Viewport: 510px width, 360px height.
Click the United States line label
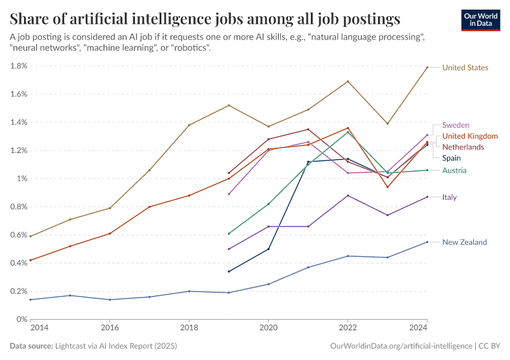(x=465, y=68)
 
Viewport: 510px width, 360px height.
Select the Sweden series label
(x=455, y=125)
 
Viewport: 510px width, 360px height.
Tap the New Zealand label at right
(x=464, y=242)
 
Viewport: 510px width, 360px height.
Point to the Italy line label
(x=449, y=197)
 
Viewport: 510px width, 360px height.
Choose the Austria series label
(x=454, y=170)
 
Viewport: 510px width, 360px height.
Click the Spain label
(x=451, y=158)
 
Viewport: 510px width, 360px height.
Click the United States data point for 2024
(x=427, y=67)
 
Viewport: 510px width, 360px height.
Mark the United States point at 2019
(x=229, y=106)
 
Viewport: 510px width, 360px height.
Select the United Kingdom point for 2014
(x=31, y=260)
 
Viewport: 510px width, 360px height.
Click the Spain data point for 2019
(x=229, y=271)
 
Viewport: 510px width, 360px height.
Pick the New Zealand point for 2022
(x=347, y=256)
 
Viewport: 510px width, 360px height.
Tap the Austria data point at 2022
(x=347, y=132)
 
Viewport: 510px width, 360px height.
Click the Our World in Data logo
(x=481, y=20)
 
